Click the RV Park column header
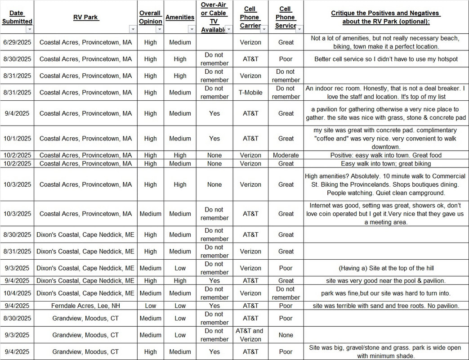(x=85, y=17)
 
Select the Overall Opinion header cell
(x=150, y=17)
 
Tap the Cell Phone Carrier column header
(x=250, y=17)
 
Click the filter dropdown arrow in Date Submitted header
(x=29, y=29)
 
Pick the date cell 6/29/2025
(x=17, y=42)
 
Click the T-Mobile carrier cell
(x=250, y=92)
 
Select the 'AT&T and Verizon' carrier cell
(x=250, y=335)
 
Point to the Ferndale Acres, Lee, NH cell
(x=85, y=306)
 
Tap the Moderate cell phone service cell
(x=286, y=155)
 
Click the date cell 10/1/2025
(x=17, y=139)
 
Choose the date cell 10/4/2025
(x=17, y=293)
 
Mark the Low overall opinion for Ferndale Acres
(x=150, y=306)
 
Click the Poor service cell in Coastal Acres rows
(x=286, y=59)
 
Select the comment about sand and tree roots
(x=386, y=306)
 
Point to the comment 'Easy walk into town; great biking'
(x=386, y=163)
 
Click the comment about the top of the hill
(x=386, y=268)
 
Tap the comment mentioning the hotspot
(x=386, y=59)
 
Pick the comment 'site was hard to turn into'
(x=386, y=293)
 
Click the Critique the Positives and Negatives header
(x=386, y=17)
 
